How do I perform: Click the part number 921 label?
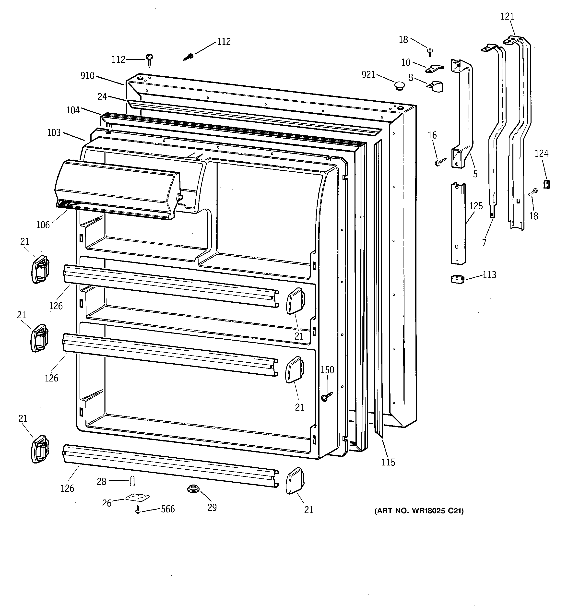click(x=368, y=74)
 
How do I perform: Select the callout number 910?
click(x=87, y=76)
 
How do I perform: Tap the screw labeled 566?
click(x=138, y=509)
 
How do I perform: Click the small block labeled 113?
click(x=457, y=279)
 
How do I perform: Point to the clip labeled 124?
click(x=546, y=184)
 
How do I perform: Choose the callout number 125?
click(x=476, y=206)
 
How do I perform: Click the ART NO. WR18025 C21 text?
click(x=419, y=511)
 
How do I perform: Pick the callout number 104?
click(x=73, y=110)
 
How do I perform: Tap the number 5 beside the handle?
click(x=475, y=174)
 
